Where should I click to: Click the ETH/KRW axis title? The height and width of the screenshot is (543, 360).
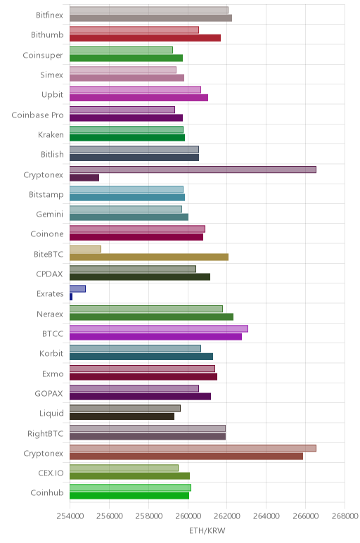[207, 530]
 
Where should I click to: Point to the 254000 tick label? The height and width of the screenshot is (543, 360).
[70, 516]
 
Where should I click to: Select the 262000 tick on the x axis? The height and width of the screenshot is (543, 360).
[227, 516]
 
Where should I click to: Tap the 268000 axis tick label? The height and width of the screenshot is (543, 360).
[345, 516]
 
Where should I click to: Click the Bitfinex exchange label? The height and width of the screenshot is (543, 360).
[49, 15]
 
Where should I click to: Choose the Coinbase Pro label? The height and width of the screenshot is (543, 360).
[37, 115]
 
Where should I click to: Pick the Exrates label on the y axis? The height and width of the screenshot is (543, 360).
[50, 294]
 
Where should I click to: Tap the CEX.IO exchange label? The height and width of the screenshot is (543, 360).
[51, 473]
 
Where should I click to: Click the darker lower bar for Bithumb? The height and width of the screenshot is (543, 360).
[145, 38]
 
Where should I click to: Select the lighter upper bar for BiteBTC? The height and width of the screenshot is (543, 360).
[85, 249]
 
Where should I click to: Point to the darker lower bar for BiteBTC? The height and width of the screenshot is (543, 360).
[149, 257]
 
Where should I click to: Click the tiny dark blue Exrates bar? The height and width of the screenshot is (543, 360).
[71, 297]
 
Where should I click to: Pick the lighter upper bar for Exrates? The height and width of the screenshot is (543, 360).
[77, 289]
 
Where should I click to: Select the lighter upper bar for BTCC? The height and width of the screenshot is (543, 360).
[158, 328]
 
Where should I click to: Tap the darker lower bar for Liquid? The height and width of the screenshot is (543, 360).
[122, 416]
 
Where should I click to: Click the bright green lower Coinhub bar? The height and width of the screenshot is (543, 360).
[129, 496]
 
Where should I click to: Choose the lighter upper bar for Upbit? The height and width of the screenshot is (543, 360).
[135, 90]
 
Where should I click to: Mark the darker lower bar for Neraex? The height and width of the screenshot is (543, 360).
[151, 317]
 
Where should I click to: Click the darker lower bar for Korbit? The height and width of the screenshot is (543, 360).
[141, 357]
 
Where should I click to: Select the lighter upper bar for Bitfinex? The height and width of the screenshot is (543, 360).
[149, 10]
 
